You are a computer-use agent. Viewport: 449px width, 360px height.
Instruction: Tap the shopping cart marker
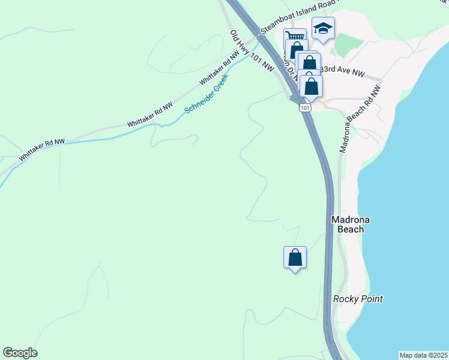pyautogui.click(x=294, y=37)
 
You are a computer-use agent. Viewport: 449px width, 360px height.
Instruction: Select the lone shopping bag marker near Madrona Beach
pyautogui.click(x=295, y=258)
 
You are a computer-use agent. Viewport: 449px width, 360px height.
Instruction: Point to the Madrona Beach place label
pyautogui.click(x=348, y=224)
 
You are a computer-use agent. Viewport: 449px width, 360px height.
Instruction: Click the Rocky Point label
pyautogui.click(x=358, y=299)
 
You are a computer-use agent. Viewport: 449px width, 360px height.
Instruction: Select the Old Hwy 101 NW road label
pyautogui.click(x=252, y=51)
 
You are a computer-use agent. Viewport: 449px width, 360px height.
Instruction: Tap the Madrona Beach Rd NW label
pyautogui.click(x=360, y=119)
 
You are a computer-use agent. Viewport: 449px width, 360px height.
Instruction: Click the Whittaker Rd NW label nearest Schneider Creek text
pyautogui.click(x=220, y=67)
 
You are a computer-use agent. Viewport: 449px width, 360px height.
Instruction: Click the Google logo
pyautogui.click(x=20, y=353)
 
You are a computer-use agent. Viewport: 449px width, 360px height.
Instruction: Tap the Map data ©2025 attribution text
pyautogui.click(x=424, y=355)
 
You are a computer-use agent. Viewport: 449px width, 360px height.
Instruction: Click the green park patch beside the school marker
pyautogui.click(x=348, y=45)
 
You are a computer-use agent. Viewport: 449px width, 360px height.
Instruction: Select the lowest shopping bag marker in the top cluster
pyautogui.click(x=312, y=86)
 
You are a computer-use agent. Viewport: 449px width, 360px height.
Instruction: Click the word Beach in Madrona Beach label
pyautogui.click(x=348, y=229)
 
